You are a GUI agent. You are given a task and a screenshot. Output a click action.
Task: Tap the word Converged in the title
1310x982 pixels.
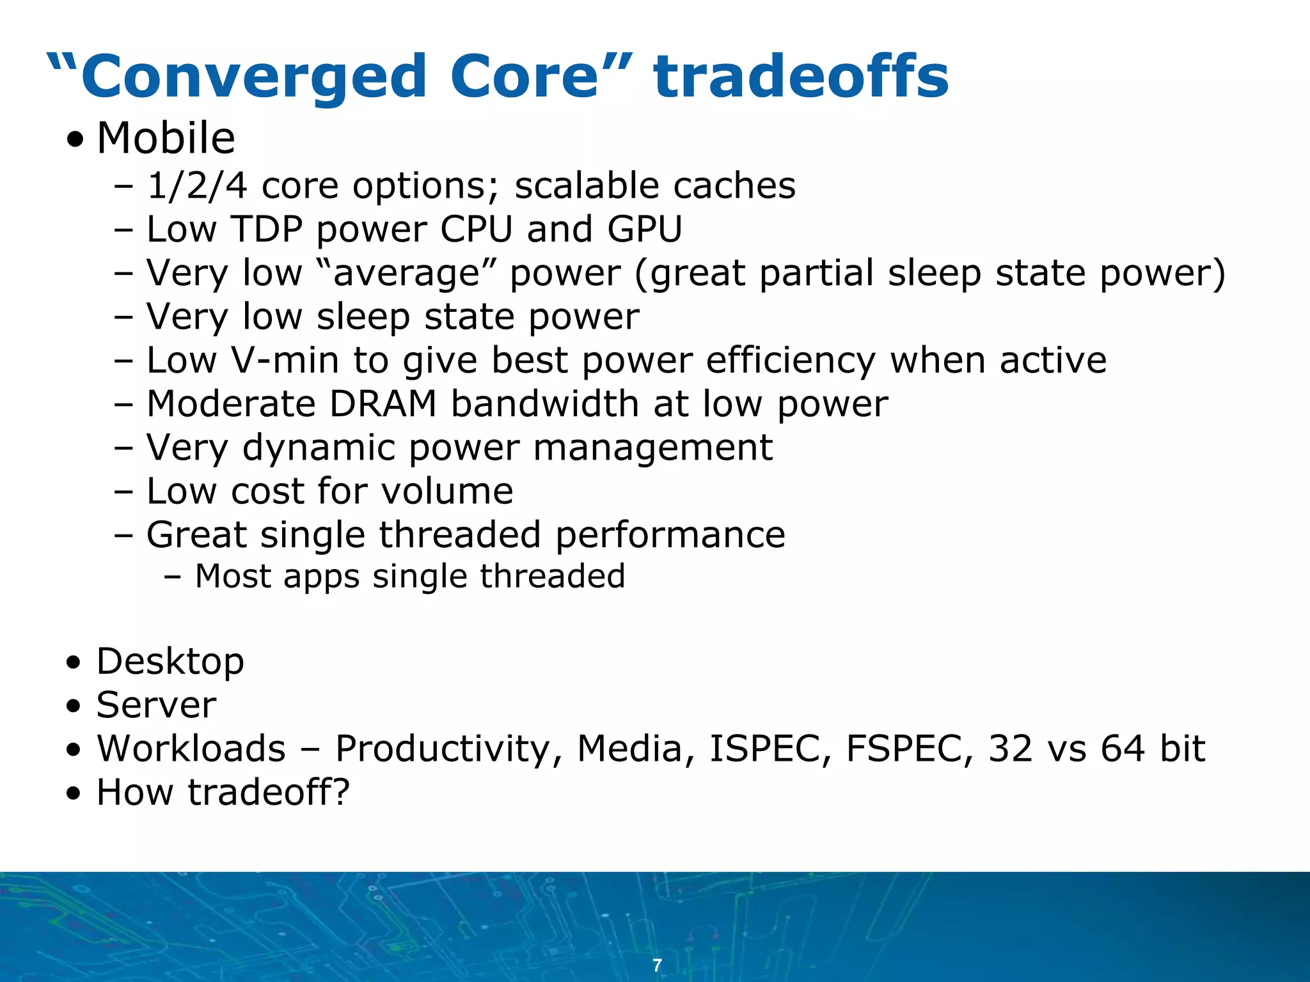pyautogui.click(x=254, y=78)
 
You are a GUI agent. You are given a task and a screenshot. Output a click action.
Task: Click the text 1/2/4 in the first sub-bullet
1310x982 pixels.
pyautogui.click(x=197, y=186)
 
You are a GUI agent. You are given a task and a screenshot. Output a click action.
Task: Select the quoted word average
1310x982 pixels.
pyautogui.click(x=407, y=274)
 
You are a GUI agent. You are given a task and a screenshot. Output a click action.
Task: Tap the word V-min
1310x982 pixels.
pyautogui.click(x=285, y=360)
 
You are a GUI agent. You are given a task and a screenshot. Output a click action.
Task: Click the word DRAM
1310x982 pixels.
pyautogui.click(x=383, y=404)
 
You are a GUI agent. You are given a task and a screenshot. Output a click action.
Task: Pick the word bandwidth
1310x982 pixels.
pyautogui.click(x=545, y=404)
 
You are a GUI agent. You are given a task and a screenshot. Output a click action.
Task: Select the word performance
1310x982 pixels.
pyautogui.click(x=670, y=535)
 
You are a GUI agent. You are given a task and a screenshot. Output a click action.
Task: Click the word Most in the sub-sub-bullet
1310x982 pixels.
pyautogui.click(x=233, y=576)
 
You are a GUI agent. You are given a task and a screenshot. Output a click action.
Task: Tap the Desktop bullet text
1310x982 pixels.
pyautogui.click(x=170, y=661)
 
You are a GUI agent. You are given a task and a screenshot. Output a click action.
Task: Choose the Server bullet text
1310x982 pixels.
pyautogui.click(x=156, y=705)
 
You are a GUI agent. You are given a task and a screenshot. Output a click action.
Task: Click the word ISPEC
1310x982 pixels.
pyautogui.click(x=765, y=749)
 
